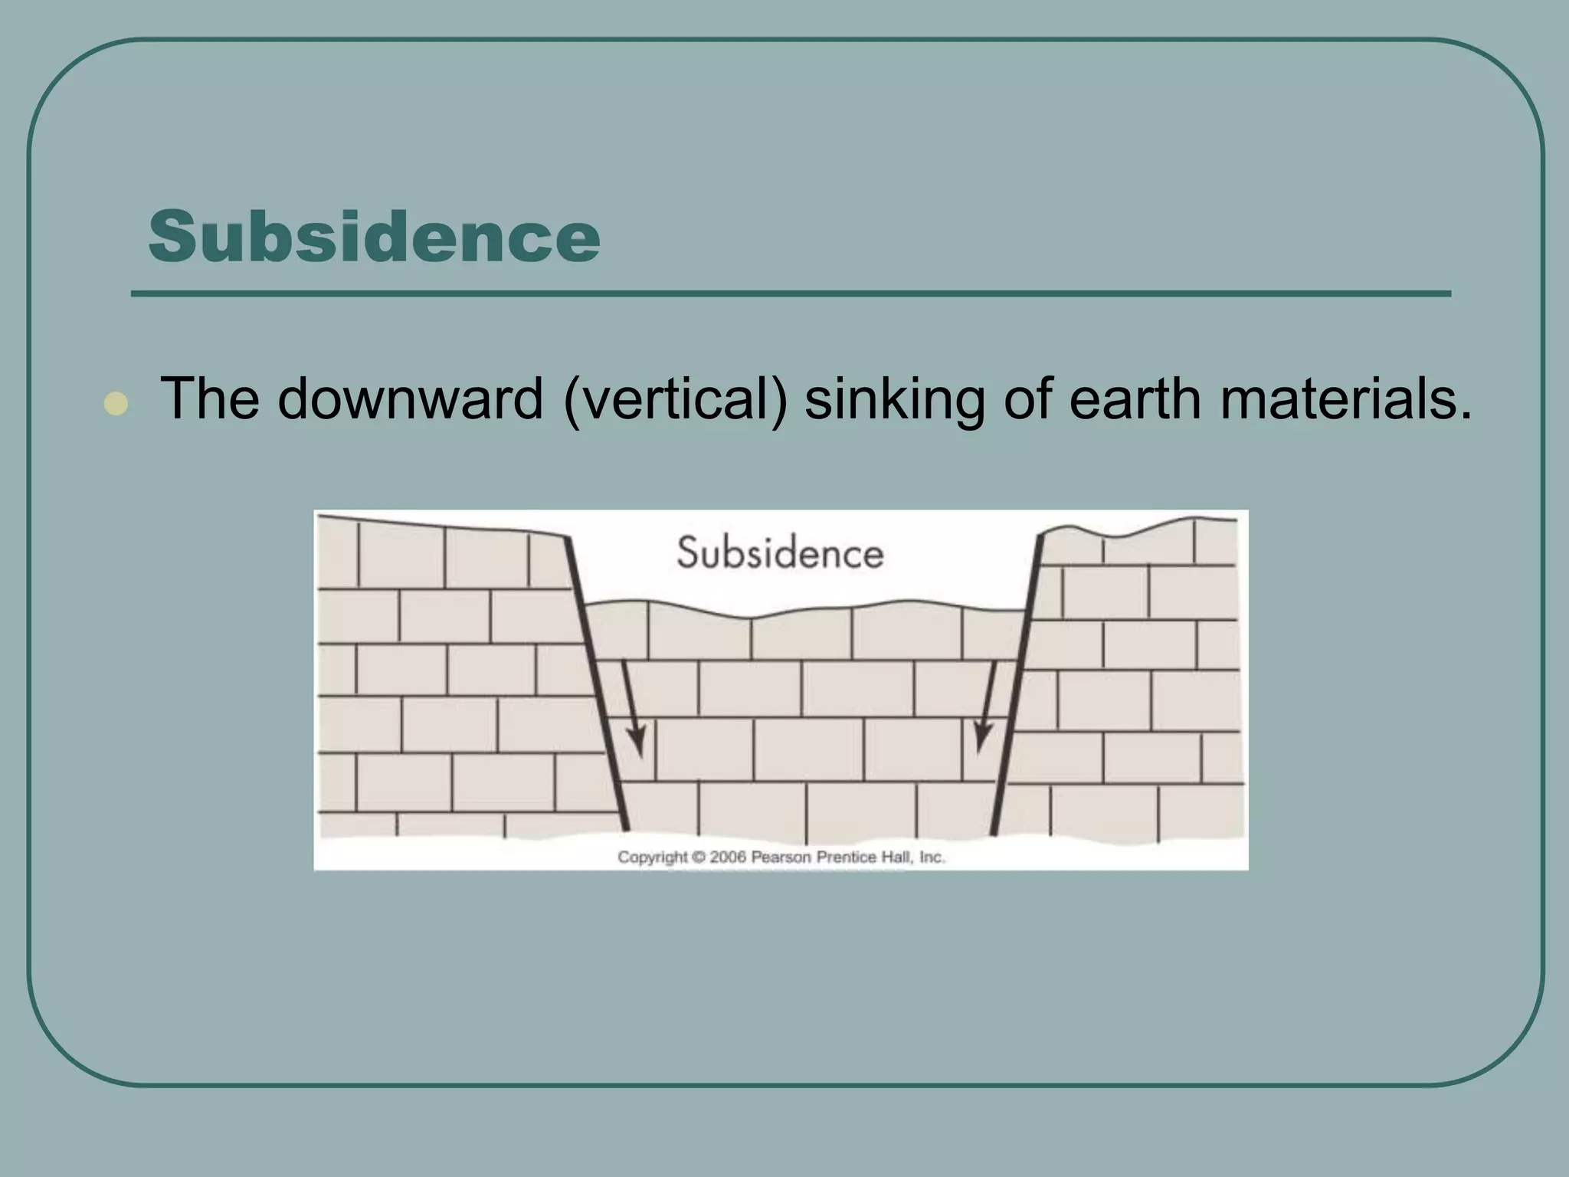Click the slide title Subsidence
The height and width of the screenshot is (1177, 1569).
pyautogui.click(x=374, y=236)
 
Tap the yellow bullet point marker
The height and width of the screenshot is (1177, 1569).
pyautogui.click(x=116, y=404)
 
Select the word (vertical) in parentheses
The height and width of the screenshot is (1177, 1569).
pyautogui.click(x=675, y=400)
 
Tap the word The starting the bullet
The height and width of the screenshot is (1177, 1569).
pyautogui.click(x=209, y=398)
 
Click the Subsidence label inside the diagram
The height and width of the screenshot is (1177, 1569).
pyautogui.click(x=780, y=553)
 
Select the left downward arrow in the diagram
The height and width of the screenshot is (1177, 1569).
pyautogui.click(x=633, y=709)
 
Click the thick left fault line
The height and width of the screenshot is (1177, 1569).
pyautogui.click(x=597, y=682)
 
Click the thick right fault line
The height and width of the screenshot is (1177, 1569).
pyautogui.click(x=1017, y=682)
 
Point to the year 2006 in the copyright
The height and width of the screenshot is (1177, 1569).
pyautogui.click(x=727, y=857)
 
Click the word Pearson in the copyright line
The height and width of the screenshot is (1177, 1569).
pyautogui.click(x=781, y=857)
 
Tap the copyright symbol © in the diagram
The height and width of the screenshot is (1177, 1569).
pyautogui.click(x=699, y=857)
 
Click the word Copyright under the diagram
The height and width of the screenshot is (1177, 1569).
pyautogui.click(x=653, y=857)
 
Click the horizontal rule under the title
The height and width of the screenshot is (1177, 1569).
pyautogui.click(x=791, y=293)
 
